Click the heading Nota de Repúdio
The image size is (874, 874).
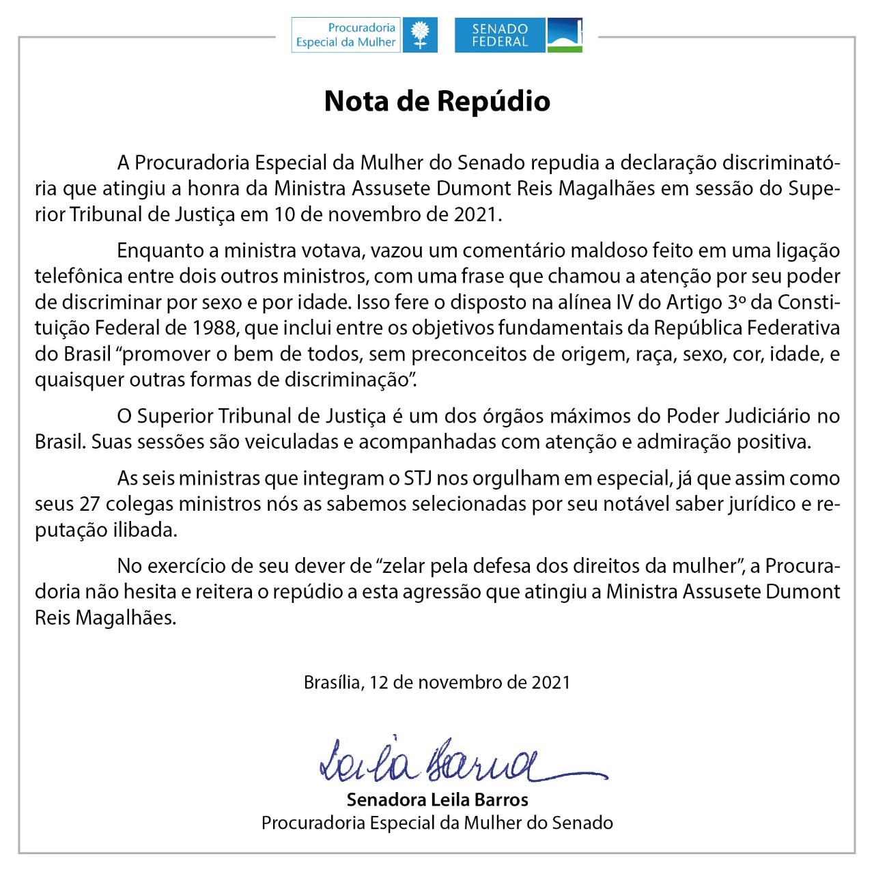(437, 101)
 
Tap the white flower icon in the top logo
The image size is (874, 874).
(420, 35)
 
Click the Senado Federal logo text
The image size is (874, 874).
(500, 36)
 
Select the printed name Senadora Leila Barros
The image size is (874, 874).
(437, 800)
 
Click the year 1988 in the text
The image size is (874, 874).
(214, 328)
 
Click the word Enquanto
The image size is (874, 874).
(160, 251)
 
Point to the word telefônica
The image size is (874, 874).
(79, 277)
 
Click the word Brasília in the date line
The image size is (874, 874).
(333, 682)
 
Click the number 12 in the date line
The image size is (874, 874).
(379, 682)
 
